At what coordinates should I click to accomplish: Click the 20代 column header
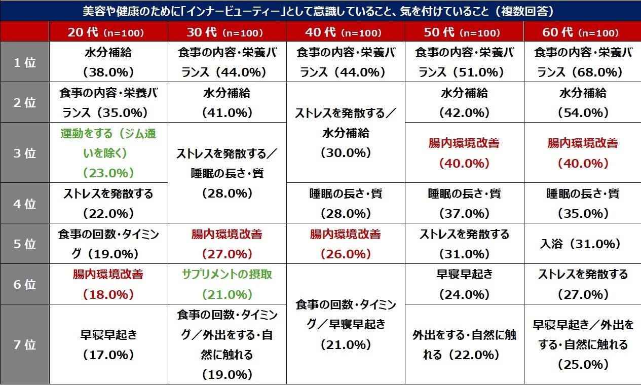coord(108,32)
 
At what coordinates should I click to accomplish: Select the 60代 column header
coord(582,32)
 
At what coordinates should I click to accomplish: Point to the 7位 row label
coord(24,345)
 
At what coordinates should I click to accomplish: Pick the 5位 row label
coord(24,244)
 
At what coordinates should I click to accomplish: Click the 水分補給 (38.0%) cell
coord(108,62)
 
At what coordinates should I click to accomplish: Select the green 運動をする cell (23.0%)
coord(108,153)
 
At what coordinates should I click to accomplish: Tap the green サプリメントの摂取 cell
coord(227,284)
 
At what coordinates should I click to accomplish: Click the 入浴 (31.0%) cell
coord(582,244)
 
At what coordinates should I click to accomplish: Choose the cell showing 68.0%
coord(582,62)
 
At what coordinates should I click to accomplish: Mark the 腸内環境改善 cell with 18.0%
coord(108,284)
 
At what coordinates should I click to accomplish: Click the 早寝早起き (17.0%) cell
coord(108,345)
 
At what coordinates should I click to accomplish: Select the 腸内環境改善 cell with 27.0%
coord(227,244)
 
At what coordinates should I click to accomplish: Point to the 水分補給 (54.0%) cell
coord(582,103)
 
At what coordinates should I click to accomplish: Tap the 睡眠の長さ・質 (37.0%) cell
coord(464,204)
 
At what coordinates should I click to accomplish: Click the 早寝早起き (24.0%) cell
coord(464,284)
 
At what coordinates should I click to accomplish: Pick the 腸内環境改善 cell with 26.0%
coord(345,244)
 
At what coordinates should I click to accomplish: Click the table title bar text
coord(320,11)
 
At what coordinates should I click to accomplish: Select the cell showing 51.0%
coord(464,62)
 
